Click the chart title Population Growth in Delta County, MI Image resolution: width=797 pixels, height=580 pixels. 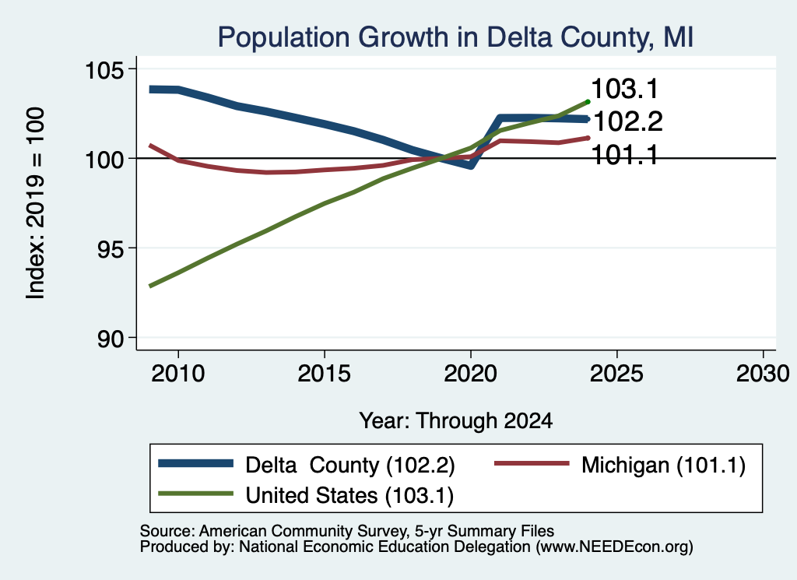[x=455, y=37]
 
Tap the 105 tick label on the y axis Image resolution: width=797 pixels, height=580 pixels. [x=104, y=69]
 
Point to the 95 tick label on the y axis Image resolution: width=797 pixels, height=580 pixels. [x=111, y=248]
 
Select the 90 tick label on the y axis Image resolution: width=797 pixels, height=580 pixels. [x=111, y=338]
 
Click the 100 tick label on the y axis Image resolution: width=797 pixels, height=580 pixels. [x=104, y=159]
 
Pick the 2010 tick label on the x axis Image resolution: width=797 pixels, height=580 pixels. [x=178, y=374]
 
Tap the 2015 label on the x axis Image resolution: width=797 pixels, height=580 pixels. [x=325, y=374]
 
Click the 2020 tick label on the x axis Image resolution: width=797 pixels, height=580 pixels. [x=471, y=374]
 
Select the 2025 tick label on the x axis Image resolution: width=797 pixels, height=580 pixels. [x=616, y=374]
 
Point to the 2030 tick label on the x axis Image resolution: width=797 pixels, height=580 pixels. [x=763, y=374]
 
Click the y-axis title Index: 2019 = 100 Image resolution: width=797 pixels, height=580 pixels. [x=36, y=203]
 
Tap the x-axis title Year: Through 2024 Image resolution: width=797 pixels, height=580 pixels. [x=456, y=421]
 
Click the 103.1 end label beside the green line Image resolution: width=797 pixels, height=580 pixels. [x=625, y=89]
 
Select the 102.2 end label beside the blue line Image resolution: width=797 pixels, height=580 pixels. [x=628, y=122]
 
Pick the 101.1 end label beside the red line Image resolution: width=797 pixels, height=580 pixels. [x=625, y=155]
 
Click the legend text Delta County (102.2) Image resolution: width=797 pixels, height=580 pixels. [x=350, y=465]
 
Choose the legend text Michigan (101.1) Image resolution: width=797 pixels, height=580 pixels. [x=663, y=465]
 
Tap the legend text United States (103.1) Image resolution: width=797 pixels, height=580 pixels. [x=349, y=496]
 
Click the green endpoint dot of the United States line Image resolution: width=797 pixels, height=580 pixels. [x=588, y=102]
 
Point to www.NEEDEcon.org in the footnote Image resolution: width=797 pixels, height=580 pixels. [x=613, y=547]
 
